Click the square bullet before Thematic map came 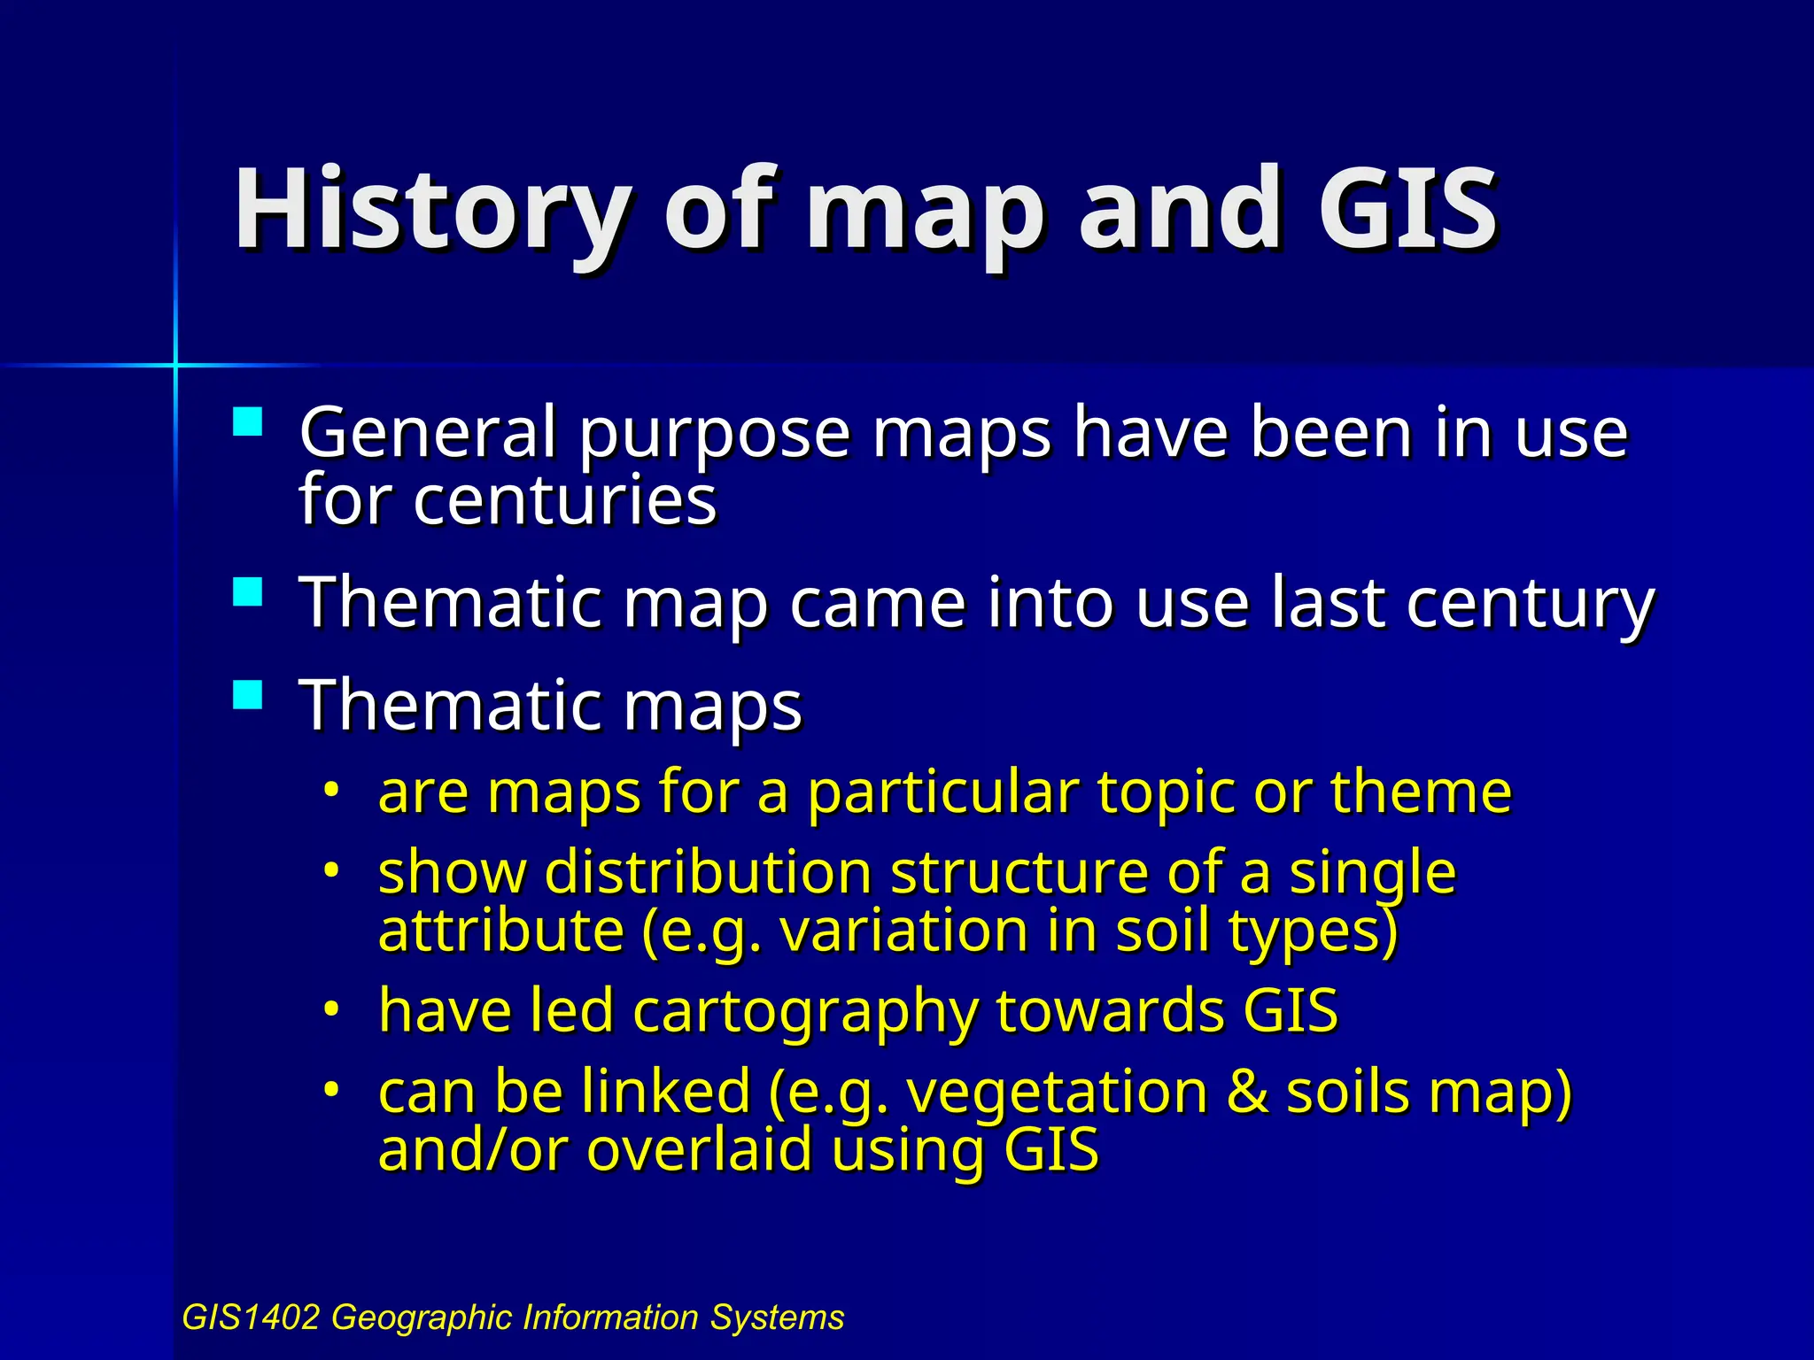point(248,591)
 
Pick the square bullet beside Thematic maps point(248,693)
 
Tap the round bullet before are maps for point(331,788)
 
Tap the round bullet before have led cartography point(331,1008)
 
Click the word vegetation point(1057,1092)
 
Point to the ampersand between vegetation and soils point(1246,1092)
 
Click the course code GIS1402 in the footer point(250,1317)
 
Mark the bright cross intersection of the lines point(175,365)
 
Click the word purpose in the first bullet point(714,434)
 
